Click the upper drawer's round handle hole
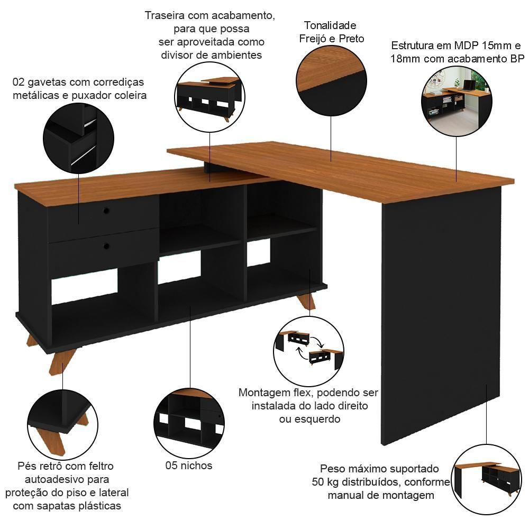click(x=106, y=211)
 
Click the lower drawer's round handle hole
click(x=106, y=246)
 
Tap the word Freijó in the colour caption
click(x=313, y=39)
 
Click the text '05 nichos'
click(x=189, y=466)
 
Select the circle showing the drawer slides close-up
click(x=78, y=138)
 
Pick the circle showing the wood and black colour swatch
click(x=331, y=81)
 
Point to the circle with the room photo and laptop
click(x=457, y=101)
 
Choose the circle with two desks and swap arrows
click(x=309, y=351)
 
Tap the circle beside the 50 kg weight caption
click(x=486, y=479)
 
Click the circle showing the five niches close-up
click(x=189, y=424)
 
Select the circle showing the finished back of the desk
click(x=209, y=97)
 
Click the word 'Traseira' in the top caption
click(x=165, y=15)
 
